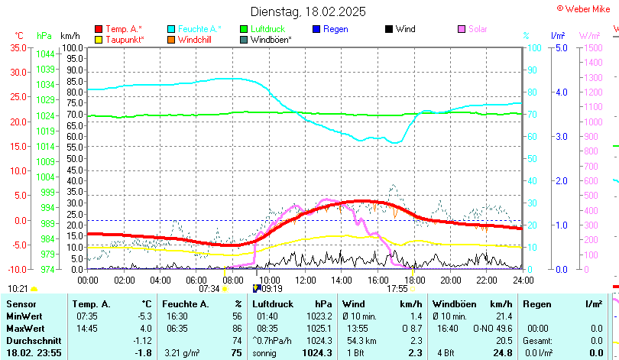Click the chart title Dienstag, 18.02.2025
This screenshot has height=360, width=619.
pos(308,11)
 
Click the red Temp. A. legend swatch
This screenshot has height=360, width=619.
pos(99,29)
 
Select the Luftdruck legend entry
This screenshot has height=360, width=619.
pos(267,29)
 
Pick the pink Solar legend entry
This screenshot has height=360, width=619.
pos(478,29)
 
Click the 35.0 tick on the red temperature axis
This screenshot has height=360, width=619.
pos(18,47)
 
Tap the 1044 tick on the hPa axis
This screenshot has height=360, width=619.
pos(45,54)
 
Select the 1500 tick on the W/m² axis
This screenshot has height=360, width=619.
pos(593,47)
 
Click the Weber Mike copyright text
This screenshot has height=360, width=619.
pos(587,8)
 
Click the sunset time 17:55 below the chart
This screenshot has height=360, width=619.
pos(397,289)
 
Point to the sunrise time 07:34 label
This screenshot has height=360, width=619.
pos(209,289)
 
